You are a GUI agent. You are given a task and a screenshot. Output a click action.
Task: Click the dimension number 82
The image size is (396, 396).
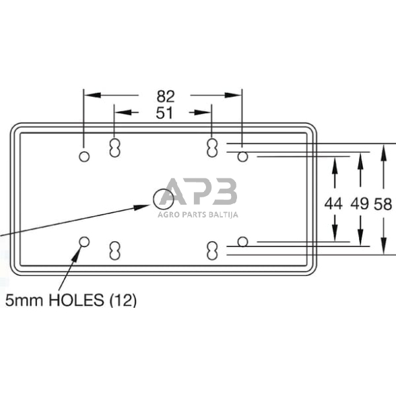coord(166,96)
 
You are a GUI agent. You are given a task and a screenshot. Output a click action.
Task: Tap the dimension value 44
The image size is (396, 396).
coord(334,203)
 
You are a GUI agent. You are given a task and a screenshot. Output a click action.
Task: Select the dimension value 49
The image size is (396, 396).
coord(360,203)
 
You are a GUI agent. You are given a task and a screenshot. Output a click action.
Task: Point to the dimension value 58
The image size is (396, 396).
coord(383,203)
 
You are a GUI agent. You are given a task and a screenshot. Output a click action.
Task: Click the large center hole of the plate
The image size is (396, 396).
coord(162,198)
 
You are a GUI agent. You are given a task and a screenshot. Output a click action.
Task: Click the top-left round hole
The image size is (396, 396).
coord(84,156)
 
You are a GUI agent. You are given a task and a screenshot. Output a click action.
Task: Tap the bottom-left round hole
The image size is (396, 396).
coord(84,242)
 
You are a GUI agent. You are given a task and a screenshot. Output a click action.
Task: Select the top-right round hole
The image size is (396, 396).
coord(243,157)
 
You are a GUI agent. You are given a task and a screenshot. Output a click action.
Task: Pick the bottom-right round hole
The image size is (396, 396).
coord(243,242)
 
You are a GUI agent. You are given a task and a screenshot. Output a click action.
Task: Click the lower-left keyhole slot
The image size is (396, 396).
coord(114,250)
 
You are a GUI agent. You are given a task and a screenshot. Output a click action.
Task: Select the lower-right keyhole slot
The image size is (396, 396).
coord(213,250)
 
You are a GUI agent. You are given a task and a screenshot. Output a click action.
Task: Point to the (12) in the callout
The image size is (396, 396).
coord(123,300)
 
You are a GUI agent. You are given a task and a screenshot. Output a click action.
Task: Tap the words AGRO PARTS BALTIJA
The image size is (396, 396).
coord(199,216)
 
